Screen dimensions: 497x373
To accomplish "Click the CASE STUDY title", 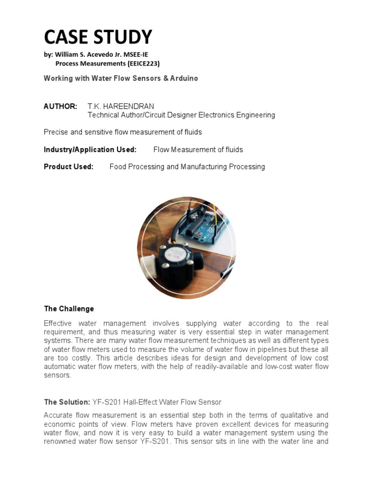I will (x=98, y=37).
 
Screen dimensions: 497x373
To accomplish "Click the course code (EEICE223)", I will (x=142, y=64).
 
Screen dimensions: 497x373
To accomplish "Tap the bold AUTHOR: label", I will (x=60, y=106).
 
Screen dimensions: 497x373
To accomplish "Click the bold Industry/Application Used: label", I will (x=90, y=149).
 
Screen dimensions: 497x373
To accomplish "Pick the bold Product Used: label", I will (x=68, y=166).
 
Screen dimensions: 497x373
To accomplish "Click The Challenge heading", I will (x=68, y=309).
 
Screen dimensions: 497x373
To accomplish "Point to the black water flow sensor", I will (x=175, y=260).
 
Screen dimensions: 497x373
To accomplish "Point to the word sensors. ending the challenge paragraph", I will (x=57, y=375).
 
